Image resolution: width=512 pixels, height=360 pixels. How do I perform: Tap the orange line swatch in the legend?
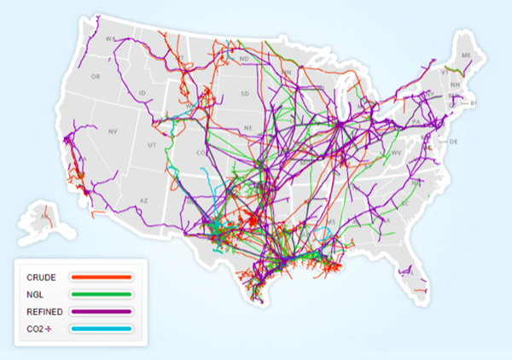[102, 277]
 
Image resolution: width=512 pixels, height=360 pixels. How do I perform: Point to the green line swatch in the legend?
[102, 294]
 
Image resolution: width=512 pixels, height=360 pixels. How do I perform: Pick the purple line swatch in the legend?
[102, 311]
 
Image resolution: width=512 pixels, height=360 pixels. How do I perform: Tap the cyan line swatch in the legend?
[102, 329]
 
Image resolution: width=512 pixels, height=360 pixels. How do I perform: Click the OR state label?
[96, 76]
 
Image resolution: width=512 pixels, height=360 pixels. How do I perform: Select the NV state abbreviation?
[112, 131]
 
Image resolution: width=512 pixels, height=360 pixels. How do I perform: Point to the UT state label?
[152, 146]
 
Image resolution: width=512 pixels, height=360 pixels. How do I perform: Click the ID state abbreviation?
[142, 92]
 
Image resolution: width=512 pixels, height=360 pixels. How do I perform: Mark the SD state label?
[246, 94]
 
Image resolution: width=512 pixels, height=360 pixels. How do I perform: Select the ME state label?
[466, 55]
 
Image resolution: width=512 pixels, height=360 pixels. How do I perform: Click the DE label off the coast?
[454, 141]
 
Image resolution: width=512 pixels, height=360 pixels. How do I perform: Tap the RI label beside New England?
[474, 102]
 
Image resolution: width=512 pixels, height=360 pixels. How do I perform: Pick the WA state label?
[109, 39]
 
